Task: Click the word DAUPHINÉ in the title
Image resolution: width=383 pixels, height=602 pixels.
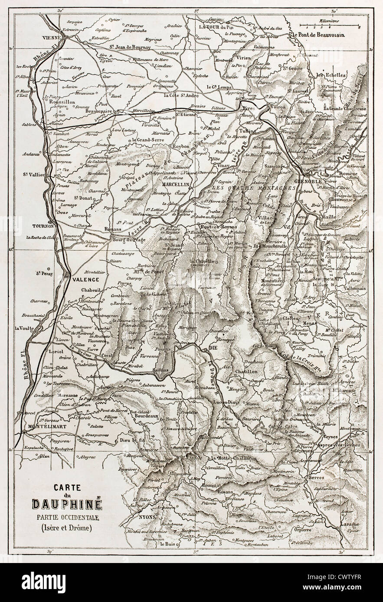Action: pyautogui.click(x=67, y=505)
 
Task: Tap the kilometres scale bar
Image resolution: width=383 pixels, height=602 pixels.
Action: pyautogui.click(x=331, y=27)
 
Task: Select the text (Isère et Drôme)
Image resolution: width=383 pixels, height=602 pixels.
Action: pyautogui.click(x=67, y=528)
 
